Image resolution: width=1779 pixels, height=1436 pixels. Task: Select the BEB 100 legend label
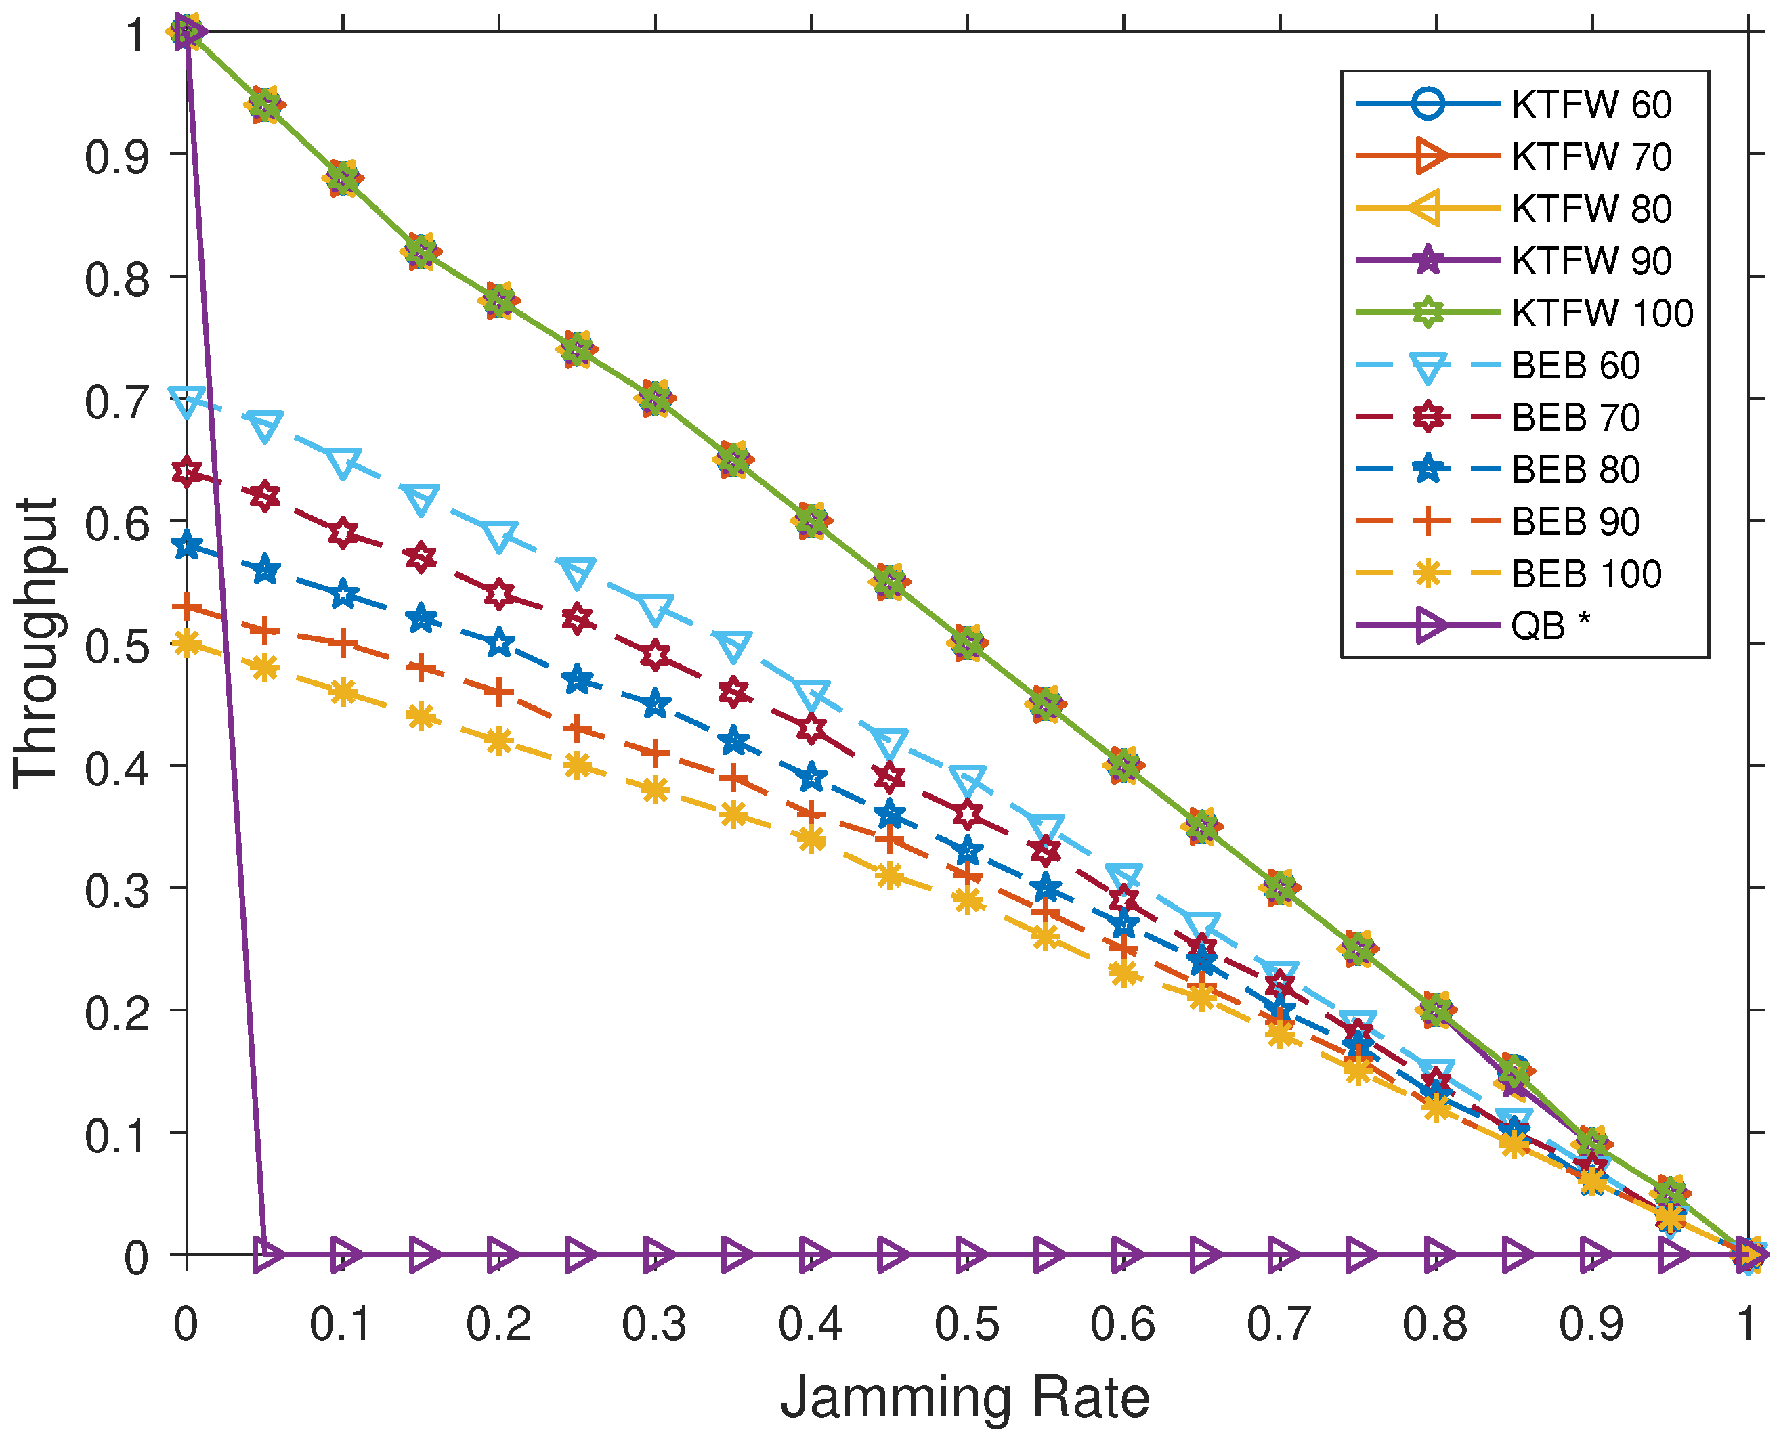[x=1585, y=574]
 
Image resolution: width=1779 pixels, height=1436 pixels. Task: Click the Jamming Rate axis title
[x=965, y=1397]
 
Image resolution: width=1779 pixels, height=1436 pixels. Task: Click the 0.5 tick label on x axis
[x=966, y=1324]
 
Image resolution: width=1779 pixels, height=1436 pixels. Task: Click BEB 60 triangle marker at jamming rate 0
[x=187, y=400]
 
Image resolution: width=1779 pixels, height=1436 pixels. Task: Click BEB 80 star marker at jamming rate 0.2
[x=499, y=643]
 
